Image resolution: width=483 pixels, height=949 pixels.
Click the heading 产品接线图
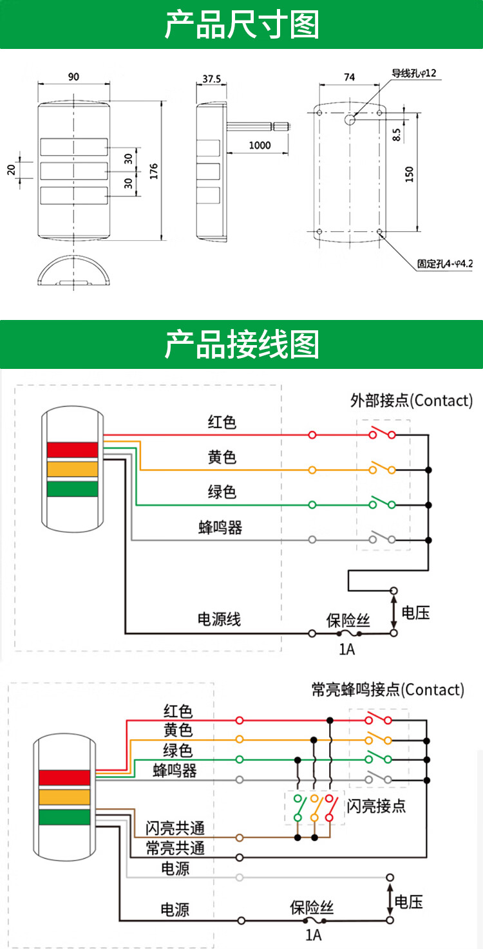tap(241, 344)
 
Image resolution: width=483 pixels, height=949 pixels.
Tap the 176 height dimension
tap(153, 171)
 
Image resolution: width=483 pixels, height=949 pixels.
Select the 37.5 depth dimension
tap(211, 79)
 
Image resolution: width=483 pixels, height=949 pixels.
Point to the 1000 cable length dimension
tap(260, 145)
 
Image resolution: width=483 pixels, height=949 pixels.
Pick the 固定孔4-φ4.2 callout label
tap(444, 263)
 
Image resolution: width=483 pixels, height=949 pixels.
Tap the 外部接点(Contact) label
tap(412, 400)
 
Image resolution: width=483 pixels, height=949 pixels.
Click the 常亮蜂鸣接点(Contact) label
tap(387, 690)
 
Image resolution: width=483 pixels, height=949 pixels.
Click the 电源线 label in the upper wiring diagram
tap(219, 620)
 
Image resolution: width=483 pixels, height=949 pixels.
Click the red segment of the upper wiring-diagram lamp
tap(72, 449)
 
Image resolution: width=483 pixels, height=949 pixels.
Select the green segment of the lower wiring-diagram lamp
tap(64, 817)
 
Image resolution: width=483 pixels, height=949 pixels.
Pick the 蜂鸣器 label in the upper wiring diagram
tap(220, 528)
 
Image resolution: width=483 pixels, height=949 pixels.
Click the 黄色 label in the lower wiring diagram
tap(178, 731)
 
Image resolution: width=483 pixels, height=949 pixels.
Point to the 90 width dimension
tap(73, 77)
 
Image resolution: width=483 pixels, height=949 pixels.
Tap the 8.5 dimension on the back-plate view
tap(396, 135)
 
